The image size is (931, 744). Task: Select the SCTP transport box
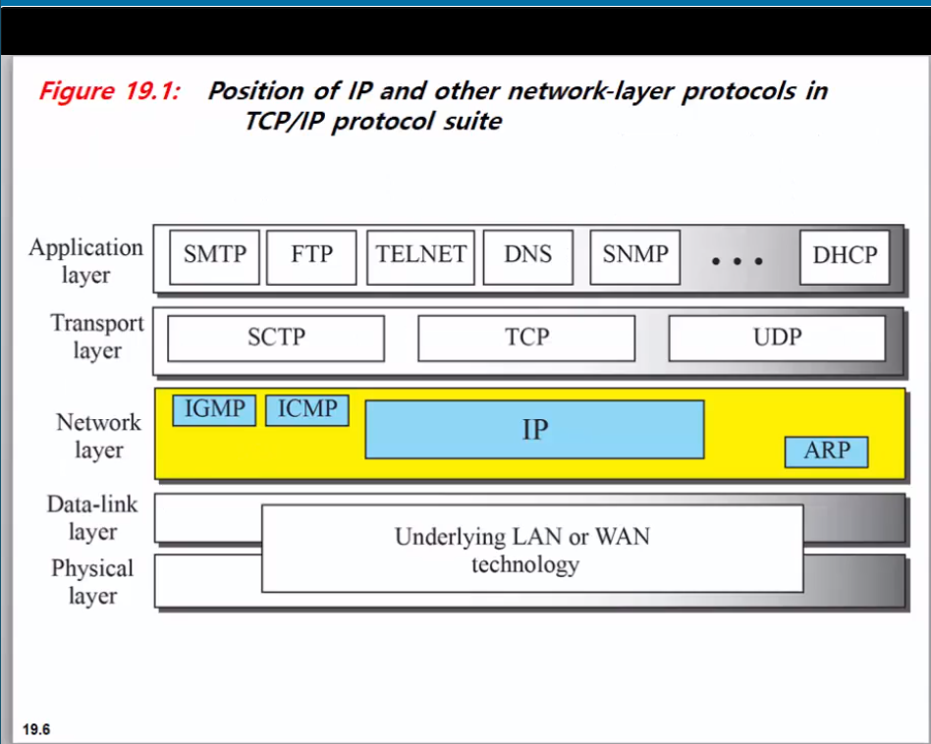click(x=276, y=339)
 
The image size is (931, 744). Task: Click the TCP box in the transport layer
click(x=526, y=339)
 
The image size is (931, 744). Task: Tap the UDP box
click(x=777, y=339)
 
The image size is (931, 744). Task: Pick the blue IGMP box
click(x=214, y=410)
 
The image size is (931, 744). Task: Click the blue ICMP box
click(x=307, y=410)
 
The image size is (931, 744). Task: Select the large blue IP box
click(x=534, y=429)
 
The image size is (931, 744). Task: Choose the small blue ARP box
click(x=826, y=452)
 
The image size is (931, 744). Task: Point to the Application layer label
click(x=86, y=261)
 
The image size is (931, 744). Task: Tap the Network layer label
click(x=98, y=436)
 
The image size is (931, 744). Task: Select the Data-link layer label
click(x=92, y=517)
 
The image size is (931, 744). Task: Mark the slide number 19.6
click(x=35, y=729)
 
